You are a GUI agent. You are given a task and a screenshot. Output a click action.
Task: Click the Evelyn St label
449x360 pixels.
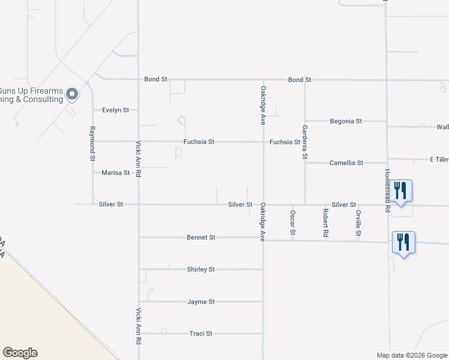pos(116,110)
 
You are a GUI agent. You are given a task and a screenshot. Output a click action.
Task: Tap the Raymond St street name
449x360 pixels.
pos(92,144)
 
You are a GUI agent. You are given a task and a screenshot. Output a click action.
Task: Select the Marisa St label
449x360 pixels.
pos(116,173)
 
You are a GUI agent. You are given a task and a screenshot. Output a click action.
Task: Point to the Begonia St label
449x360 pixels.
pos(346,121)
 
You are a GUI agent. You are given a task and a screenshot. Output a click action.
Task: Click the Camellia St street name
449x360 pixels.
pos(346,163)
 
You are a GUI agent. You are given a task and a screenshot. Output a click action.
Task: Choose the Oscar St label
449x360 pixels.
pos(293,223)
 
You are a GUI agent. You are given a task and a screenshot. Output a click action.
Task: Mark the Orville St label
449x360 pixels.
pos(358,223)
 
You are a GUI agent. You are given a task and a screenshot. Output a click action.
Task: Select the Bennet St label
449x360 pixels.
pos(200,238)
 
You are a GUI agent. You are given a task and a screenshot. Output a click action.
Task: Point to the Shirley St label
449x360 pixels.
pos(200,269)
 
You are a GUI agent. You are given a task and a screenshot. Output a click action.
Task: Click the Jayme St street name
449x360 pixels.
pos(200,302)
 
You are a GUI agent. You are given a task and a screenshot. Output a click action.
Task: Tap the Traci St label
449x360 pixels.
pos(200,334)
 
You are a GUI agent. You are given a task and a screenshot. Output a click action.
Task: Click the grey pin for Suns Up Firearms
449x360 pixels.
pos(72,94)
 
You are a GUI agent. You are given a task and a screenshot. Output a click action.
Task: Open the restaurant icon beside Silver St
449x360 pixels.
pos(402,191)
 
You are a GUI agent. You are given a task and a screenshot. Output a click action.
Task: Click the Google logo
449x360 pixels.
pos(20,353)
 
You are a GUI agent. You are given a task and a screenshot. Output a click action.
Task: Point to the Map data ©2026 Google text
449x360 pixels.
pos(411,355)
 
